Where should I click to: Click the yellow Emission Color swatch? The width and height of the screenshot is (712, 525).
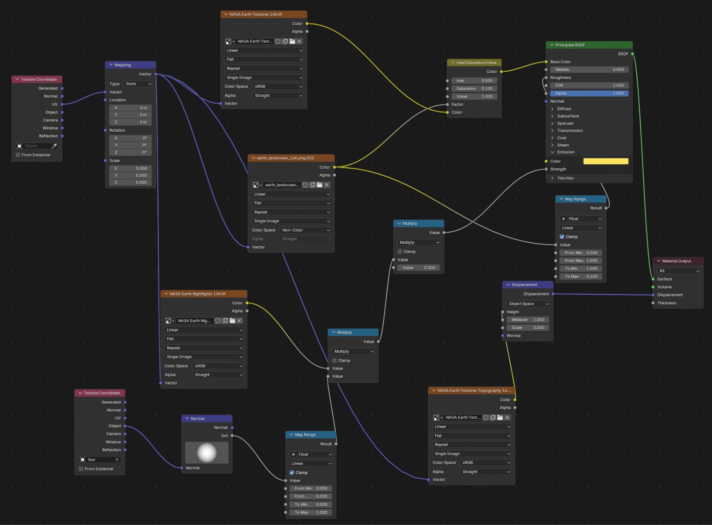(606, 161)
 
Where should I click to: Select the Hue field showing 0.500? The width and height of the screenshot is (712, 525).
(474, 81)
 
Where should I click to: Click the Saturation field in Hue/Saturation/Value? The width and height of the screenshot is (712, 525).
(474, 88)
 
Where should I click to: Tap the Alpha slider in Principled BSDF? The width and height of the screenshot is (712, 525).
(589, 93)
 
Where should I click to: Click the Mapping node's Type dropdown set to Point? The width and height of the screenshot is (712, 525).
(138, 84)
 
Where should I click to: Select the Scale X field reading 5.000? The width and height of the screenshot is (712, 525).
(130, 168)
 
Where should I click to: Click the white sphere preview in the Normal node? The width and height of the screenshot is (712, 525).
(207, 452)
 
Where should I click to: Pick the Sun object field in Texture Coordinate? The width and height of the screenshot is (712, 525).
(99, 459)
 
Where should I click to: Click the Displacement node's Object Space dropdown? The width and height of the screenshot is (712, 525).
(527, 304)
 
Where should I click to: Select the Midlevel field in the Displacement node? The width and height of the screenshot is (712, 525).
(527, 320)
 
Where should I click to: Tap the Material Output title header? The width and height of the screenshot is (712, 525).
(678, 261)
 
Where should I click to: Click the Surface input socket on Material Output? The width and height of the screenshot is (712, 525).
(653, 279)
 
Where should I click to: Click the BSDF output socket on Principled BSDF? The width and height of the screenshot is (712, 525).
(633, 54)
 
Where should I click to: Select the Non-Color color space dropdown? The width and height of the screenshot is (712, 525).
(305, 230)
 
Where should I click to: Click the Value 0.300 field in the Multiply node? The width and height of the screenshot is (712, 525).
(419, 268)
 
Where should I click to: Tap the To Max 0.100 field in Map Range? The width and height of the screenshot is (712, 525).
(581, 277)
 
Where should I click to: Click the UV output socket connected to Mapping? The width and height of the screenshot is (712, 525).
(62, 104)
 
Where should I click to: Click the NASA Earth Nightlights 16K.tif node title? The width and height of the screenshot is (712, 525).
(198, 294)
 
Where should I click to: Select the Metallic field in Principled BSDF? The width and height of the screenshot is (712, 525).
(589, 70)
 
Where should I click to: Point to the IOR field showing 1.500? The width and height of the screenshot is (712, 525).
(589, 86)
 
